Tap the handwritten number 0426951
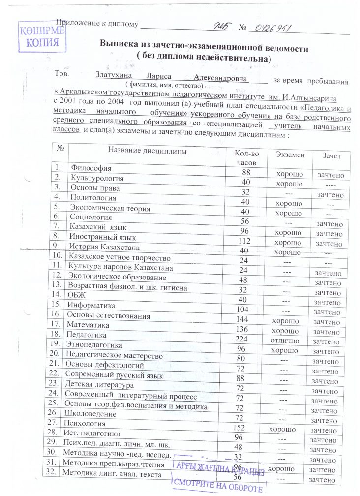coord(270,27)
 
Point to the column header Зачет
coord(332,155)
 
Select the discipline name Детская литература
coord(98,384)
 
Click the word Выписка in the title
coord(124,49)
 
